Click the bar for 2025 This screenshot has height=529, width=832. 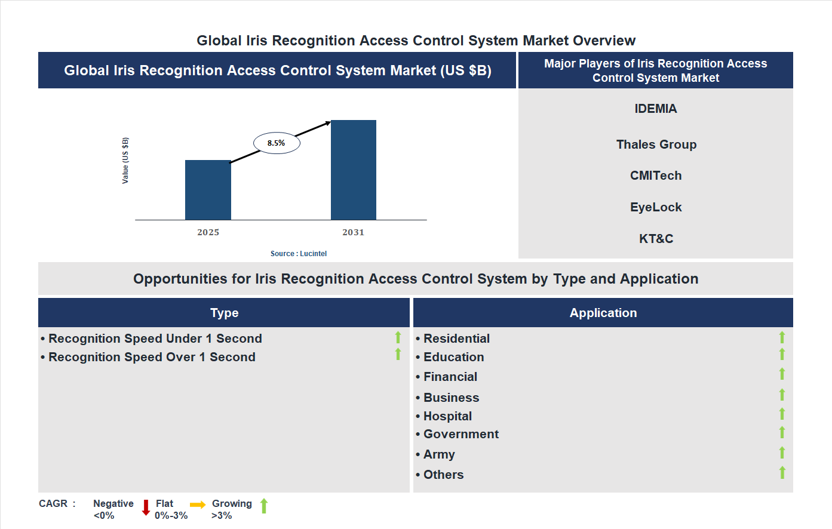point(208,190)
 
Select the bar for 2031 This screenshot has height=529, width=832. point(354,170)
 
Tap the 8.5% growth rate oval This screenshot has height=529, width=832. point(277,143)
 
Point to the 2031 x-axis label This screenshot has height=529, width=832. point(353,232)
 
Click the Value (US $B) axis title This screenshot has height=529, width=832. point(125,161)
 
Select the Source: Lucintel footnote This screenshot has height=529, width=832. point(299,254)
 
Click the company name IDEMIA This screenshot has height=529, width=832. point(656,109)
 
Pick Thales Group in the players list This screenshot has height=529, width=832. point(656,144)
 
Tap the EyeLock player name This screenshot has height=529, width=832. point(656,207)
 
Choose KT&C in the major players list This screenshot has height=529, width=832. point(656,239)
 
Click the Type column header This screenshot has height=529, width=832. point(224,313)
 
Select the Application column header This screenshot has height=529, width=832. point(603,313)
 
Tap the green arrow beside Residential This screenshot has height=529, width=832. point(782,338)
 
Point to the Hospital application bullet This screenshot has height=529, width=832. point(447,416)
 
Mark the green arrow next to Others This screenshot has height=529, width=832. point(782,473)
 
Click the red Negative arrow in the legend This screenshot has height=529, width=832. point(146,508)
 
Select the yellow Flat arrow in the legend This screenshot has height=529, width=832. point(198,505)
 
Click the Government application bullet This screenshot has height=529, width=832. point(460,434)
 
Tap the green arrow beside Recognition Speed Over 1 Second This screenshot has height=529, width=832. point(398,355)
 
